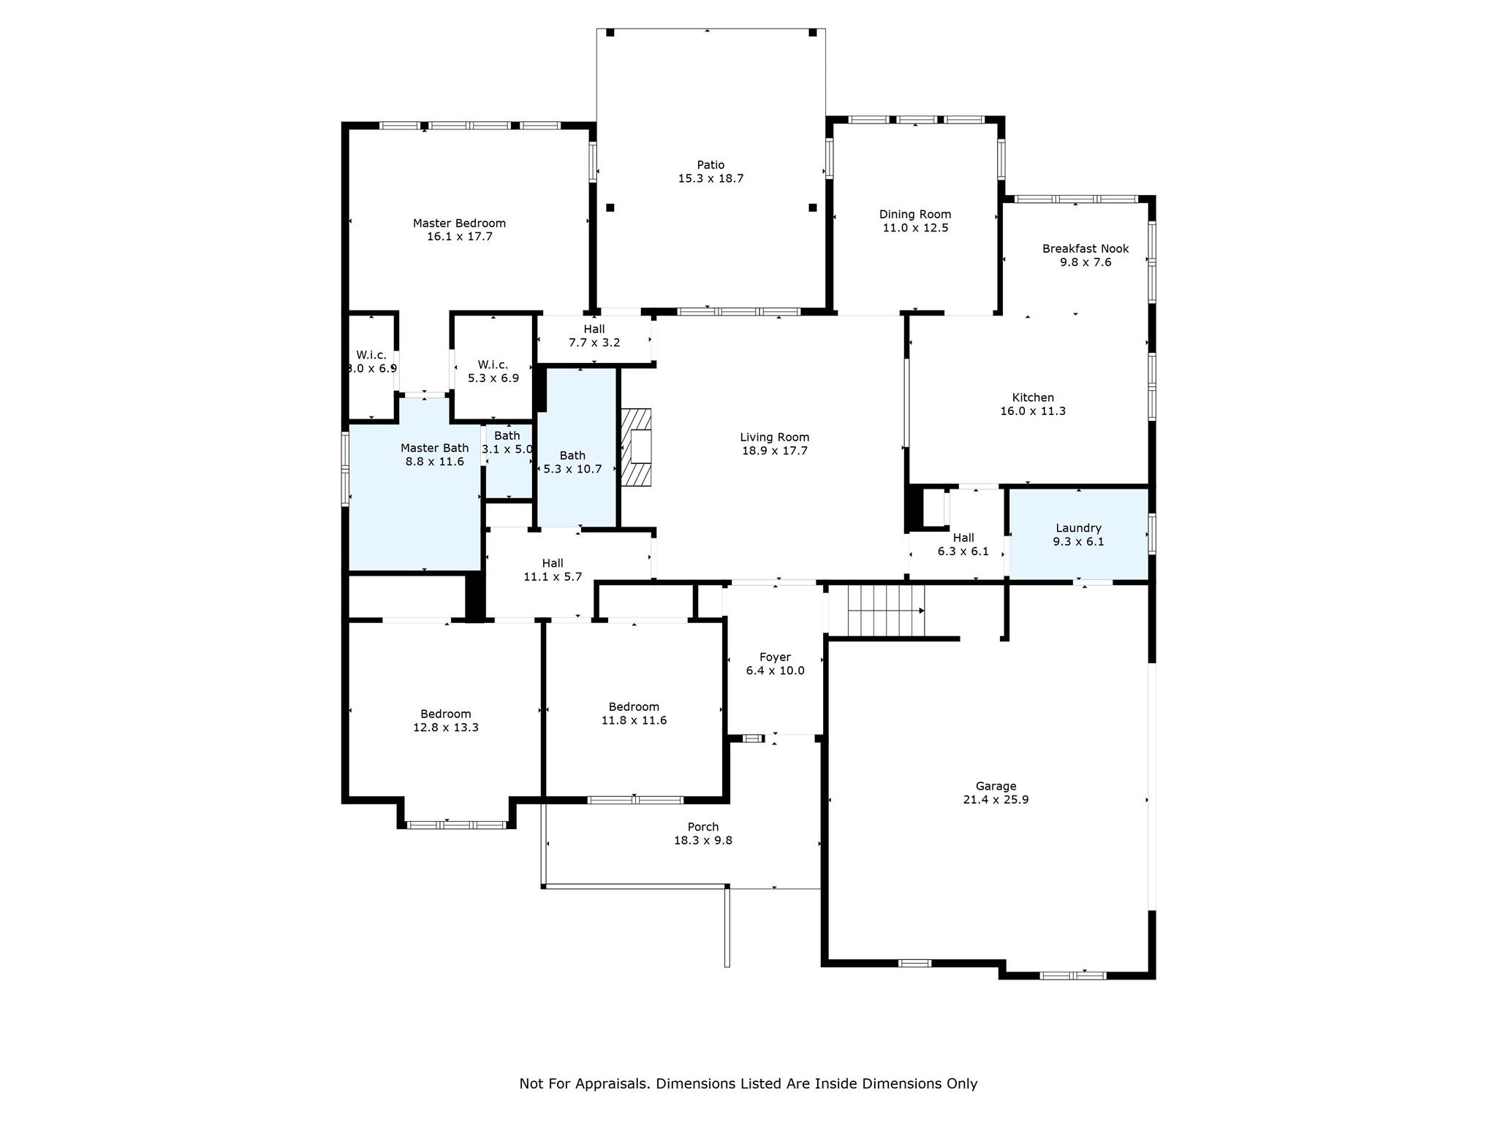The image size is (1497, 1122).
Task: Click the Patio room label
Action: [x=710, y=165]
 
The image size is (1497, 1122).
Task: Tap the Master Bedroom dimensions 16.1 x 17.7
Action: [x=459, y=237]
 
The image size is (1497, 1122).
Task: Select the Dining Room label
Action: [x=914, y=214]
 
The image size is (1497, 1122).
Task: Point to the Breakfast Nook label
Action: [x=1085, y=248]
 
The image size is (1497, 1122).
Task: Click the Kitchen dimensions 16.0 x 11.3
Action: [x=1032, y=411]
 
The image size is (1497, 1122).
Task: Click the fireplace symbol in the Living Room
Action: [x=635, y=447]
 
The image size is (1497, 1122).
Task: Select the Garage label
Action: [x=996, y=786]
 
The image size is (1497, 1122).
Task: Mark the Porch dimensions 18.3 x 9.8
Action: [x=702, y=841]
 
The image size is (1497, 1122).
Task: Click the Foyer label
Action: [x=775, y=657]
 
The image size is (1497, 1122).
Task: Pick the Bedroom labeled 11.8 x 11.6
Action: [x=634, y=713]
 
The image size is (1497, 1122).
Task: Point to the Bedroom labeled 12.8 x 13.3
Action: [x=445, y=720]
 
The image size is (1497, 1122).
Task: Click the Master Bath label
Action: [x=434, y=448]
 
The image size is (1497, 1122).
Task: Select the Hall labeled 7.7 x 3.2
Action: [x=594, y=335]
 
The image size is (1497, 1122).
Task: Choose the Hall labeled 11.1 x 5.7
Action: [x=553, y=570]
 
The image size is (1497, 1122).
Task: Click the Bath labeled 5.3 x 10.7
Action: [x=572, y=462]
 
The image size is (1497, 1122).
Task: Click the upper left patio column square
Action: [x=610, y=32]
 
